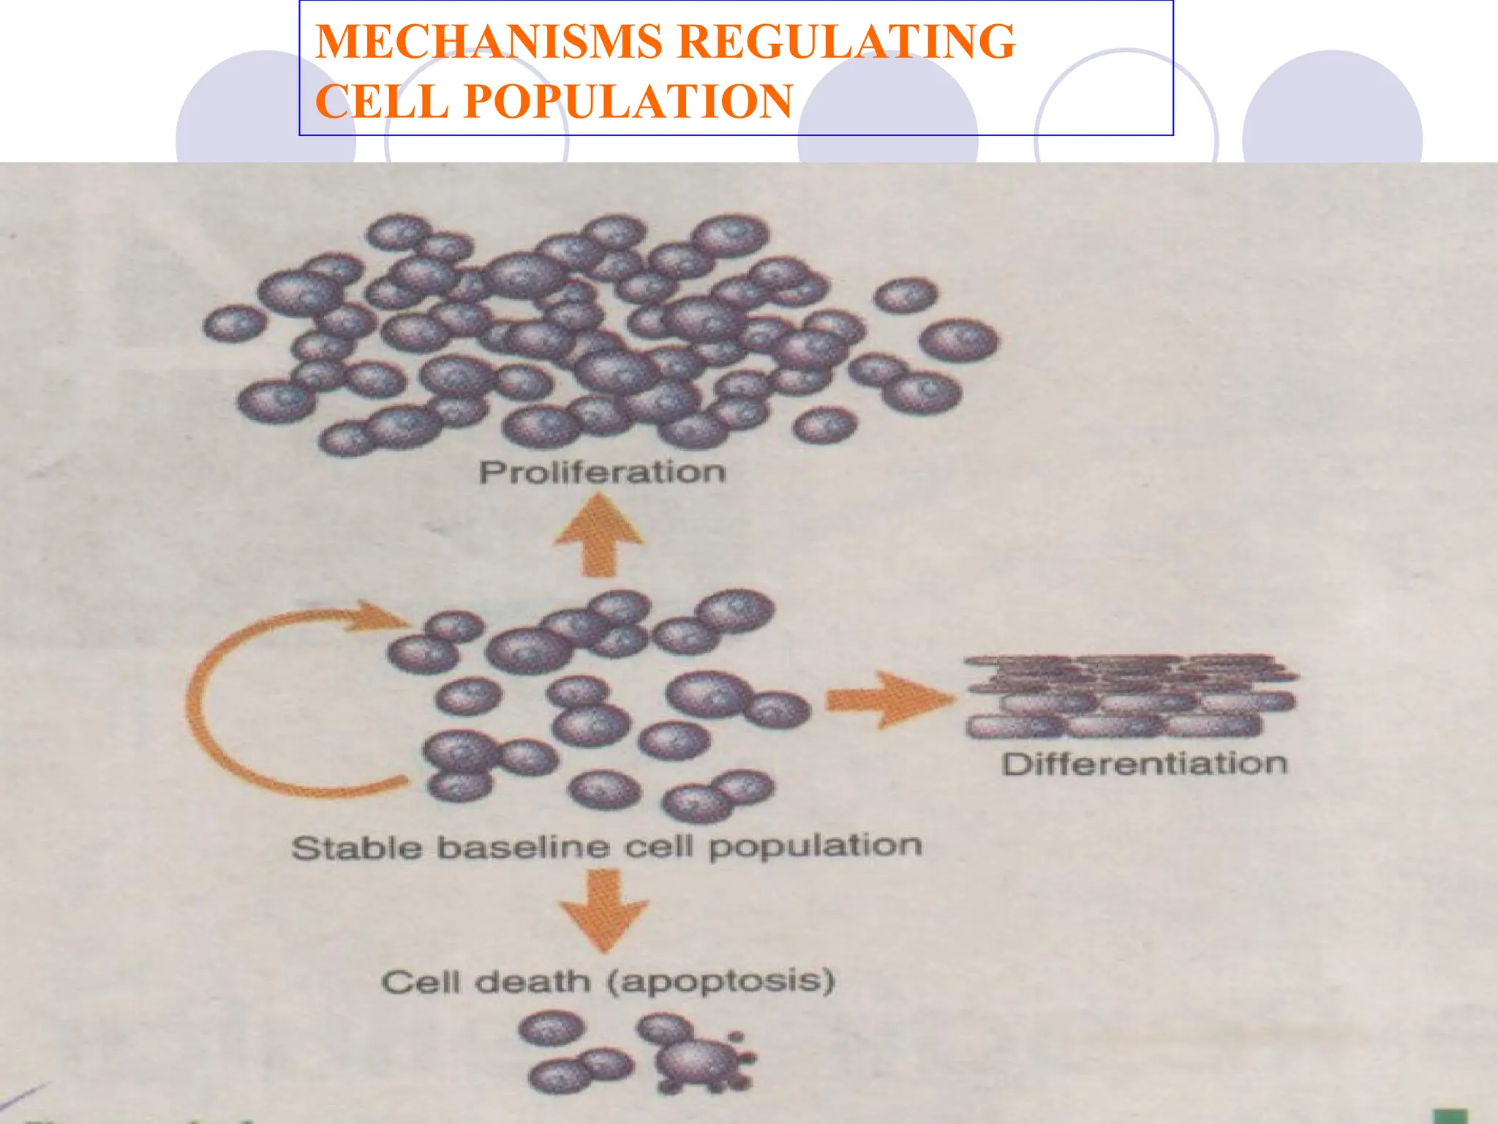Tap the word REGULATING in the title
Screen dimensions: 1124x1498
847,41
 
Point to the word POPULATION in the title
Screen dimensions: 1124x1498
628,101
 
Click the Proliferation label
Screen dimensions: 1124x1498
602,472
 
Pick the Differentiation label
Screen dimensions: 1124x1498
1144,764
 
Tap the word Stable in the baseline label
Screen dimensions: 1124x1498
357,849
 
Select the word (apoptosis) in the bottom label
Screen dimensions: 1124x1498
720,981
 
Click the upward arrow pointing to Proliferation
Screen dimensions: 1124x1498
600,534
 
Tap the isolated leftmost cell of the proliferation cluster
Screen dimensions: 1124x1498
234,323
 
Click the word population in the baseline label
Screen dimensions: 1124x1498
815,846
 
